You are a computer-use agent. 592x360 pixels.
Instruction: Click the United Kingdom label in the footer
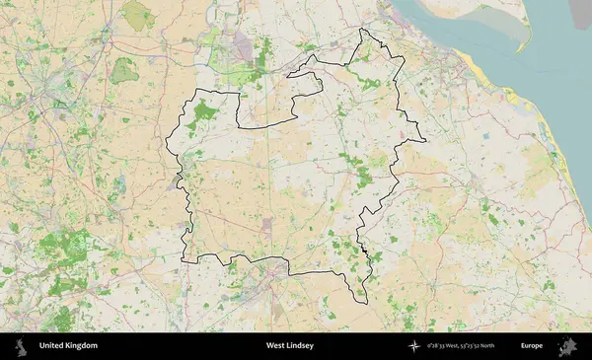click(x=68, y=346)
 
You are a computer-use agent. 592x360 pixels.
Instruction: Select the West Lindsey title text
click(x=290, y=346)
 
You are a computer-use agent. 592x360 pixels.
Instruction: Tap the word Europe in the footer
click(x=532, y=346)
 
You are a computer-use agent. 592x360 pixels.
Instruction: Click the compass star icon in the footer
click(x=414, y=346)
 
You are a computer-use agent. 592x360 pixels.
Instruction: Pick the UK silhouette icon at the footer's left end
click(x=20, y=346)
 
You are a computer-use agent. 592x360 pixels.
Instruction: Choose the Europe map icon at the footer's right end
click(x=569, y=346)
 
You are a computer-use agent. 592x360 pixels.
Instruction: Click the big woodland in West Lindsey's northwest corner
click(x=205, y=110)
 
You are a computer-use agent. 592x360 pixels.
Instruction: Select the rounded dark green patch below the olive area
click(x=123, y=70)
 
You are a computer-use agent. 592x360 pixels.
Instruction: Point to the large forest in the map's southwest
click(x=67, y=252)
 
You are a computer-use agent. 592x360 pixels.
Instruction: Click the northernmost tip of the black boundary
click(x=362, y=29)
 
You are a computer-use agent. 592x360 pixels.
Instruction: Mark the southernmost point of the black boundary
click(x=361, y=303)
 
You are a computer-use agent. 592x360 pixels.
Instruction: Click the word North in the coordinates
click(x=512, y=346)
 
